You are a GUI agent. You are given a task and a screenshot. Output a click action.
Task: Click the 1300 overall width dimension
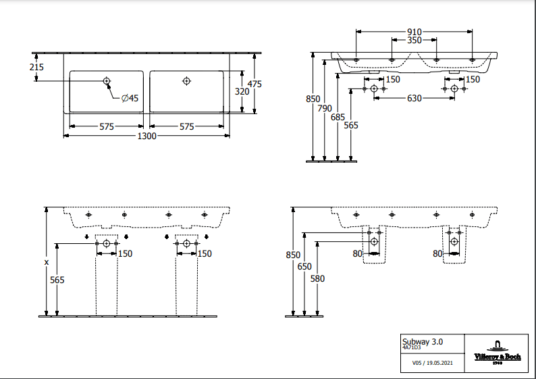pos(147,136)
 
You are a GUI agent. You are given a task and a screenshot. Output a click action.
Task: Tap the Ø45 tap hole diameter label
pos(130,99)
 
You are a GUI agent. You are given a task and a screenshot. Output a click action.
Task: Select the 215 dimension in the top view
pos(36,67)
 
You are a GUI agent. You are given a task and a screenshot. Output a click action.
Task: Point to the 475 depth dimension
pos(254,84)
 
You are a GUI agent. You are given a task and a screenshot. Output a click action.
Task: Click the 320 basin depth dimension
pos(242,91)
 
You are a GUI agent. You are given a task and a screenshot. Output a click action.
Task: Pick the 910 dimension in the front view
pos(414,32)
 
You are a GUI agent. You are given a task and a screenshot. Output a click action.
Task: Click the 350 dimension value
pos(414,41)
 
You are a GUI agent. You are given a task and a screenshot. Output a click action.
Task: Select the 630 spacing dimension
pos(414,99)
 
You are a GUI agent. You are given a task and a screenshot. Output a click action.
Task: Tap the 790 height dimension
pos(325,108)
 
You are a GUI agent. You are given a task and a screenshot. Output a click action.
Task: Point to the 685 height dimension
pos(338,117)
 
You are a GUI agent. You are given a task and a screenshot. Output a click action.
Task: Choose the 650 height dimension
pos(304,266)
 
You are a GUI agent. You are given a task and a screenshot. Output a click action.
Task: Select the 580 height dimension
pos(317,278)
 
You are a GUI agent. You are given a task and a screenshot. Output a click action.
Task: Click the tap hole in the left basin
pos(107,82)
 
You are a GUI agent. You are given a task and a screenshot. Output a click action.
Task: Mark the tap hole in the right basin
pos(187,82)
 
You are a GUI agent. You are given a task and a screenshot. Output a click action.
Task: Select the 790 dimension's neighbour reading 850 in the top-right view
pos(313,99)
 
